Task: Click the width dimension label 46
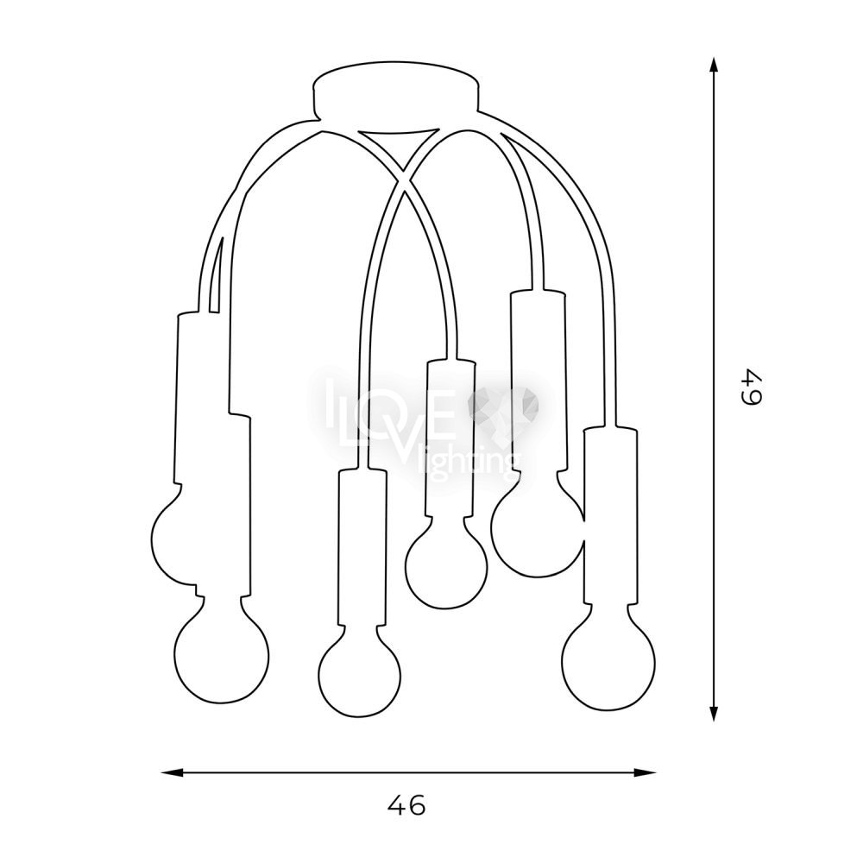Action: pyautogui.click(x=406, y=805)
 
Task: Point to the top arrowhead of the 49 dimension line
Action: pyautogui.click(x=714, y=66)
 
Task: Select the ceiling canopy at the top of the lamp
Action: pyautogui.click(x=395, y=91)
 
